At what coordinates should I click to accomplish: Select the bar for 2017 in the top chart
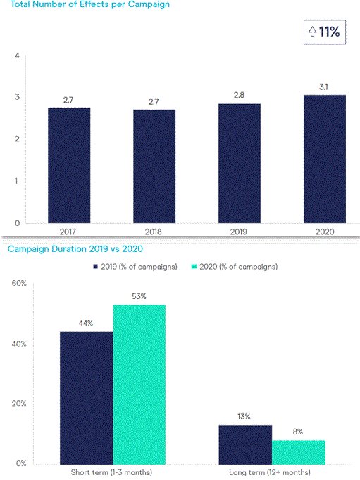click(x=69, y=165)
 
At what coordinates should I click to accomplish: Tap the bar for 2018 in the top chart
click(x=154, y=166)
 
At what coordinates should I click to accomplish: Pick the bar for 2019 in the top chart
click(x=240, y=163)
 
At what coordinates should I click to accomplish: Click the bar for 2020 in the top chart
click(x=325, y=158)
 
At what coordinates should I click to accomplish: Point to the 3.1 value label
click(x=325, y=88)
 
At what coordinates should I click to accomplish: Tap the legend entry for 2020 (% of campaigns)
click(x=237, y=267)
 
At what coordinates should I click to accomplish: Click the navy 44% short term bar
click(x=86, y=397)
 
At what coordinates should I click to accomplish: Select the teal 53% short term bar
click(x=139, y=384)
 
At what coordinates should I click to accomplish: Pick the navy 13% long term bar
click(x=244, y=443)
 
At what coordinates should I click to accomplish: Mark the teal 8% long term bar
click(x=298, y=451)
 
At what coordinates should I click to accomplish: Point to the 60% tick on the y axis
click(x=18, y=284)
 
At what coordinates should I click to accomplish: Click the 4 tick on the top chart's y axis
click(x=17, y=56)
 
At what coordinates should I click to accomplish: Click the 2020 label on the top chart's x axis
click(x=325, y=231)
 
